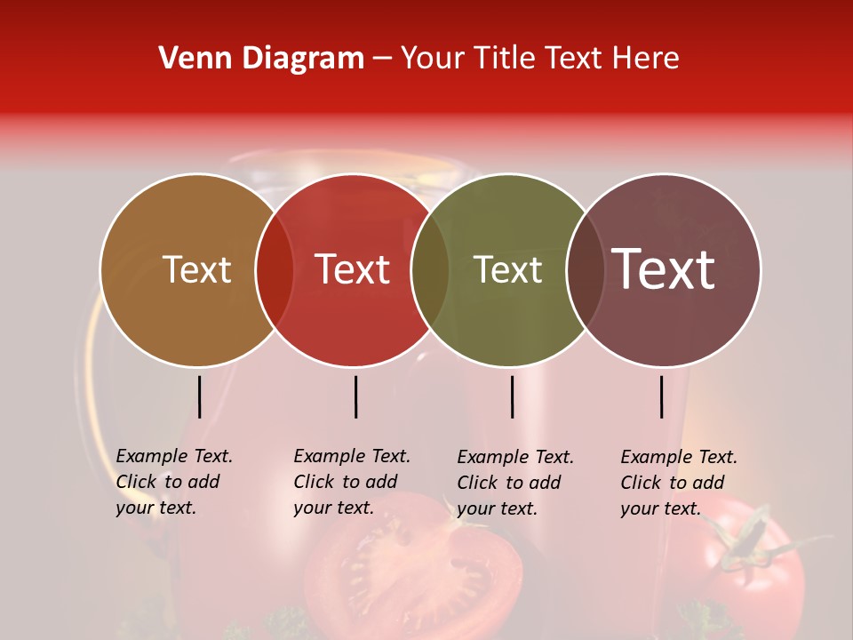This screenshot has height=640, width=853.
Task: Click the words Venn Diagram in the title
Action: point(260,59)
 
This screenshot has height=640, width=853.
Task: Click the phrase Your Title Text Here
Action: point(539,59)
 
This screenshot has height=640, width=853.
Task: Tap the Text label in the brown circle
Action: point(196,269)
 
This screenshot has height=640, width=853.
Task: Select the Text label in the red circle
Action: point(353,269)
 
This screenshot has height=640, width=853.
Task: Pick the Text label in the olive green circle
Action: point(507,269)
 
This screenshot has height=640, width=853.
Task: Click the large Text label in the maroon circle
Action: point(664,268)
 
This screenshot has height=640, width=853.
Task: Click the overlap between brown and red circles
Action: point(275,269)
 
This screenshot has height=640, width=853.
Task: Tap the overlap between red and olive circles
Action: point(430,269)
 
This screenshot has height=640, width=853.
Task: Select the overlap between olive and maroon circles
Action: point(586,269)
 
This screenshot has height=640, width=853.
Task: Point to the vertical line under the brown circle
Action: point(199,396)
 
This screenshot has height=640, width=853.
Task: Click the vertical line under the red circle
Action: point(355,396)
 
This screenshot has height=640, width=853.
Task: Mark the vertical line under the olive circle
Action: point(512,396)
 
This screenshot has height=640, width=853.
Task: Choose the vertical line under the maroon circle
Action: point(662,396)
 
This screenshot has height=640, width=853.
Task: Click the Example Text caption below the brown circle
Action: point(174,482)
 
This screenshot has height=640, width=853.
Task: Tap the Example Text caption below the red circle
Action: point(352,482)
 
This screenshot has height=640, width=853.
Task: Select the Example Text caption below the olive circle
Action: point(515,483)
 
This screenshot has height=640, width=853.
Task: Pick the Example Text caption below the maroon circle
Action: point(679,483)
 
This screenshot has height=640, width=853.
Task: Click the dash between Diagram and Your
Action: point(382,59)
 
